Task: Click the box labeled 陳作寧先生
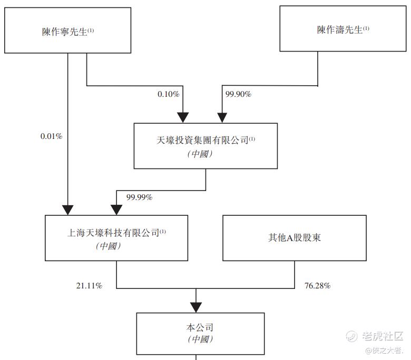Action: pyautogui.click(x=67, y=31)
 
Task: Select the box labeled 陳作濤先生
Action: pyautogui.click(x=343, y=28)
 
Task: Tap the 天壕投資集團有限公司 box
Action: pyautogui.click(x=205, y=146)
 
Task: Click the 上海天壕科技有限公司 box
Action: pyautogui.click(x=116, y=238)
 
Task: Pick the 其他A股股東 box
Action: pyautogui.click(x=295, y=238)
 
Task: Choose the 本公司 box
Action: pyautogui.click(x=200, y=334)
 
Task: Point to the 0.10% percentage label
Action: pyautogui.click(x=168, y=94)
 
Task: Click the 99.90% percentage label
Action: pyautogui.click(x=238, y=94)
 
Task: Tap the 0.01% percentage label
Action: pyautogui.click(x=52, y=136)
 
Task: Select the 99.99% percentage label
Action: pyautogui.click(x=139, y=197)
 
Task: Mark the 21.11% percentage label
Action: pyautogui.click(x=89, y=285)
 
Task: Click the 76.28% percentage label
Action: pyautogui.click(x=317, y=285)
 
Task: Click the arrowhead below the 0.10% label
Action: pyautogui.click(x=183, y=117)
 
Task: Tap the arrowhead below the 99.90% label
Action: pyautogui.click(x=222, y=117)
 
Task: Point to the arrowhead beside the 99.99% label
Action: pyautogui.click(x=116, y=209)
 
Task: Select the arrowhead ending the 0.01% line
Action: pyautogui.click(x=67, y=210)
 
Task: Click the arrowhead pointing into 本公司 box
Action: pyautogui.click(x=196, y=307)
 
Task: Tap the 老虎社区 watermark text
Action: pyautogui.click(x=383, y=336)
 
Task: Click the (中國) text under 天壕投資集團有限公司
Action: pyautogui.click(x=200, y=154)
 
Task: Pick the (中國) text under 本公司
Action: pyautogui.click(x=200, y=339)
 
